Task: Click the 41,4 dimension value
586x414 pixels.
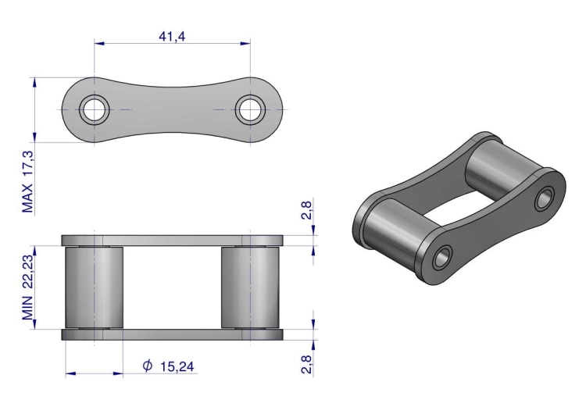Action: click(x=172, y=36)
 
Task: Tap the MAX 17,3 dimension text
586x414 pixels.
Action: click(x=28, y=182)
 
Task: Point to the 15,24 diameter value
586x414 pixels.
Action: click(x=177, y=366)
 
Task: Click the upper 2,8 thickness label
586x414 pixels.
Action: click(x=306, y=210)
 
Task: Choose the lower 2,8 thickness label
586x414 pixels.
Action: click(x=306, y=364)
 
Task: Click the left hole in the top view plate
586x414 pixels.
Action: click(x=95, y=109)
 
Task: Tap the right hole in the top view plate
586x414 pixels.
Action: click(x=250, y=109)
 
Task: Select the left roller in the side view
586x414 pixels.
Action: click(x=95, y=287)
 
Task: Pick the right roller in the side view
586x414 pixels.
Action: click(x=250, y=287)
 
